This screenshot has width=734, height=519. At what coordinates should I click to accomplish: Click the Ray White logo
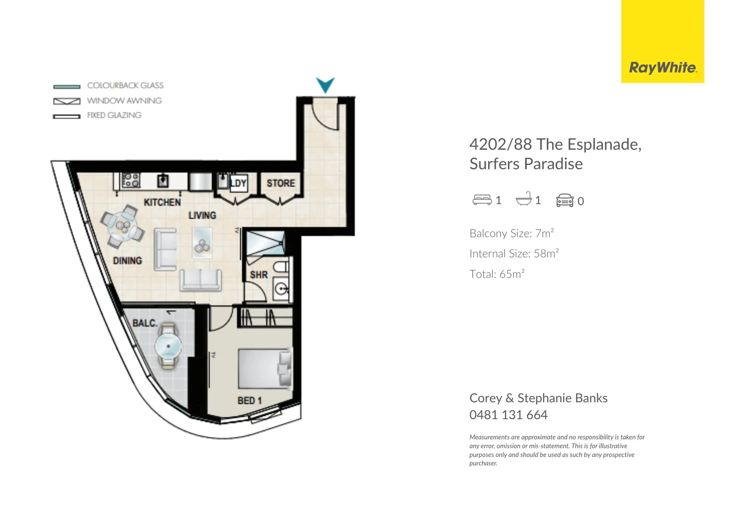pos(662,68)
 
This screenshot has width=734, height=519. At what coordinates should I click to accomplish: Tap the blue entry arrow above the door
pos(325,85)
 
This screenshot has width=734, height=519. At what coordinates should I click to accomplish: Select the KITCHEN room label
pos(162,202)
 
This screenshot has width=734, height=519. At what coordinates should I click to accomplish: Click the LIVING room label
pos(202,215)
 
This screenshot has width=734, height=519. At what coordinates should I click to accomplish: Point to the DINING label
pos(127,260)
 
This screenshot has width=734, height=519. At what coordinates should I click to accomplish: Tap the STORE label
pos(281,183)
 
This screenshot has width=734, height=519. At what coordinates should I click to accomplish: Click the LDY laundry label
pos(238,183)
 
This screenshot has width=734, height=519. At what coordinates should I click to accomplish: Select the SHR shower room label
pos(258,275)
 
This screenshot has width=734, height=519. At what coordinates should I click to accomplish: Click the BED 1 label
pos(249,400)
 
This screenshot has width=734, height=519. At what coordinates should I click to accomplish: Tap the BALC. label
pos(145,323)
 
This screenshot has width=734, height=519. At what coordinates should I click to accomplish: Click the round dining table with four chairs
pos(122,226)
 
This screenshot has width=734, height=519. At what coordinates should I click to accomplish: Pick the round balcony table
pos(168,346)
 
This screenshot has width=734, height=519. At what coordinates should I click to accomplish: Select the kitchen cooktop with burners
pos(131,181)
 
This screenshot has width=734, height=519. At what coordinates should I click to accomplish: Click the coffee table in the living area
pos(202,243)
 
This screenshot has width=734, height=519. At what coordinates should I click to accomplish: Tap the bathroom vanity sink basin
pos(281,289)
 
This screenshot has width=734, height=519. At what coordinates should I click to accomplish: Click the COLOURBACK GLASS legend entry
pos(125,86)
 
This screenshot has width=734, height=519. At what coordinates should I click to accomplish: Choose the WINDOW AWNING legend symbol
pos(67,101)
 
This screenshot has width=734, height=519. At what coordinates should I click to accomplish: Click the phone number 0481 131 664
pos(508,415)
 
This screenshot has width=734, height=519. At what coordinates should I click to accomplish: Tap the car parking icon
pos(564,200)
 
